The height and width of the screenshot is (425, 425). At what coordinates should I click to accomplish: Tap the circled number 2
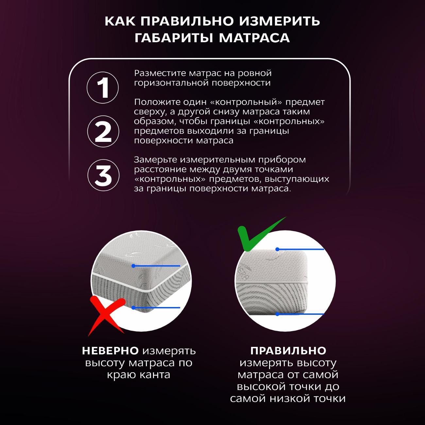point(103,132)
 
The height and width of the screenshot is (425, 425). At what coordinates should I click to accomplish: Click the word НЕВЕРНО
point(110,351)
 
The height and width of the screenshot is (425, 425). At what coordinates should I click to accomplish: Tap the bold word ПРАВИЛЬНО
point(288,351)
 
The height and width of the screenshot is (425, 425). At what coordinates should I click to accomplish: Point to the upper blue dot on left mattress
point(133,266)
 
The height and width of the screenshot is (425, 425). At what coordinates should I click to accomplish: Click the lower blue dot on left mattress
point(133,308)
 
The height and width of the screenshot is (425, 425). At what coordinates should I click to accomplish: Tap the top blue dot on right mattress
point(277,249)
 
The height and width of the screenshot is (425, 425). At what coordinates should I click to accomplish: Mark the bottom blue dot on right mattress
point(277,314)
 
